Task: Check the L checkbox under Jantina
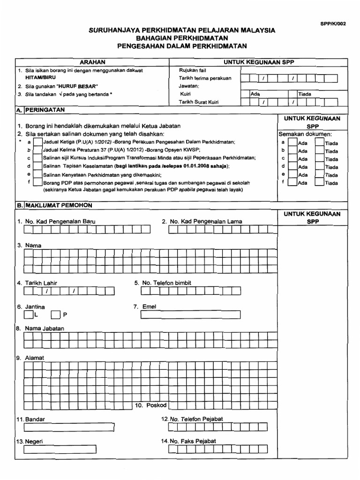pos(28,315)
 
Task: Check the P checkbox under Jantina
pos(56,315)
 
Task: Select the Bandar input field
pos(69,427)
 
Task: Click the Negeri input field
pos(69,450)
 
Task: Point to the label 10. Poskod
pos(148,405)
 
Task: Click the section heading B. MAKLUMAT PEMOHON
pos(54,205)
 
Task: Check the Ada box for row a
pos(292,142)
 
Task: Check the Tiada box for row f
pos(319,182)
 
